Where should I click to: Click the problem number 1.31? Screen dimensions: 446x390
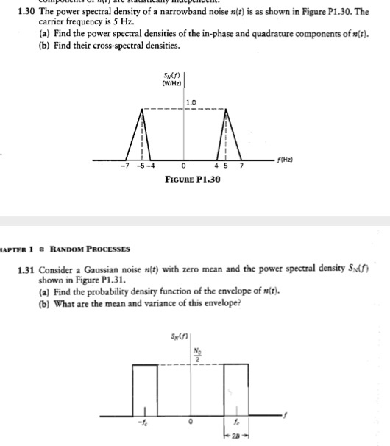coord(28,270)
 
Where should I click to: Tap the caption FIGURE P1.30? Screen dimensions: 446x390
coord(193,180)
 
